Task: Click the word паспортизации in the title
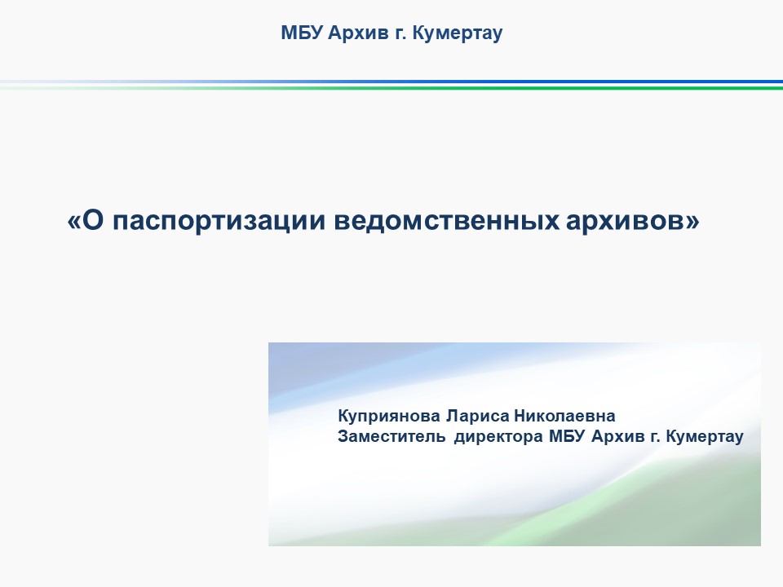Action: pos(219,221)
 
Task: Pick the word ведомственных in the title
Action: pos(446,221)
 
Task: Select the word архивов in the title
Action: pos(626,221)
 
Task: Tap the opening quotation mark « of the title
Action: pos(74,222)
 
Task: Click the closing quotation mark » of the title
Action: pos(692,222)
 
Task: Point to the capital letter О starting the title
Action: pos(92,220)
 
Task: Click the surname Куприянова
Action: pos(389,416)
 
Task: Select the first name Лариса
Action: pos(478,416)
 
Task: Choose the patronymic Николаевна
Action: pos(564,416)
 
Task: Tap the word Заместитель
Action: pos(391,436)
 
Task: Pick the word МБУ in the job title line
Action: pos(567,436)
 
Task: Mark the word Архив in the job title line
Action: pos(618,436)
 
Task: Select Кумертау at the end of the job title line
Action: pos(705,437)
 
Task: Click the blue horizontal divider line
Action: pos(391,82)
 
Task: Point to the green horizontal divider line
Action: pos(391,88)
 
